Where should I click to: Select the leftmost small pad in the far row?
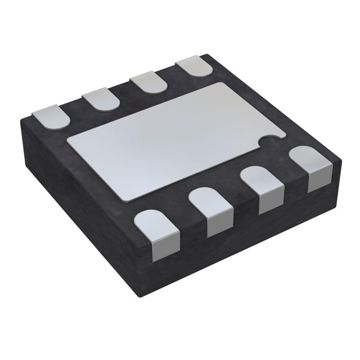(x=50, y=116)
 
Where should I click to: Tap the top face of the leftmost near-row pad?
(x=152, y=222)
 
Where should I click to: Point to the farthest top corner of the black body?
(x=210, y=54)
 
